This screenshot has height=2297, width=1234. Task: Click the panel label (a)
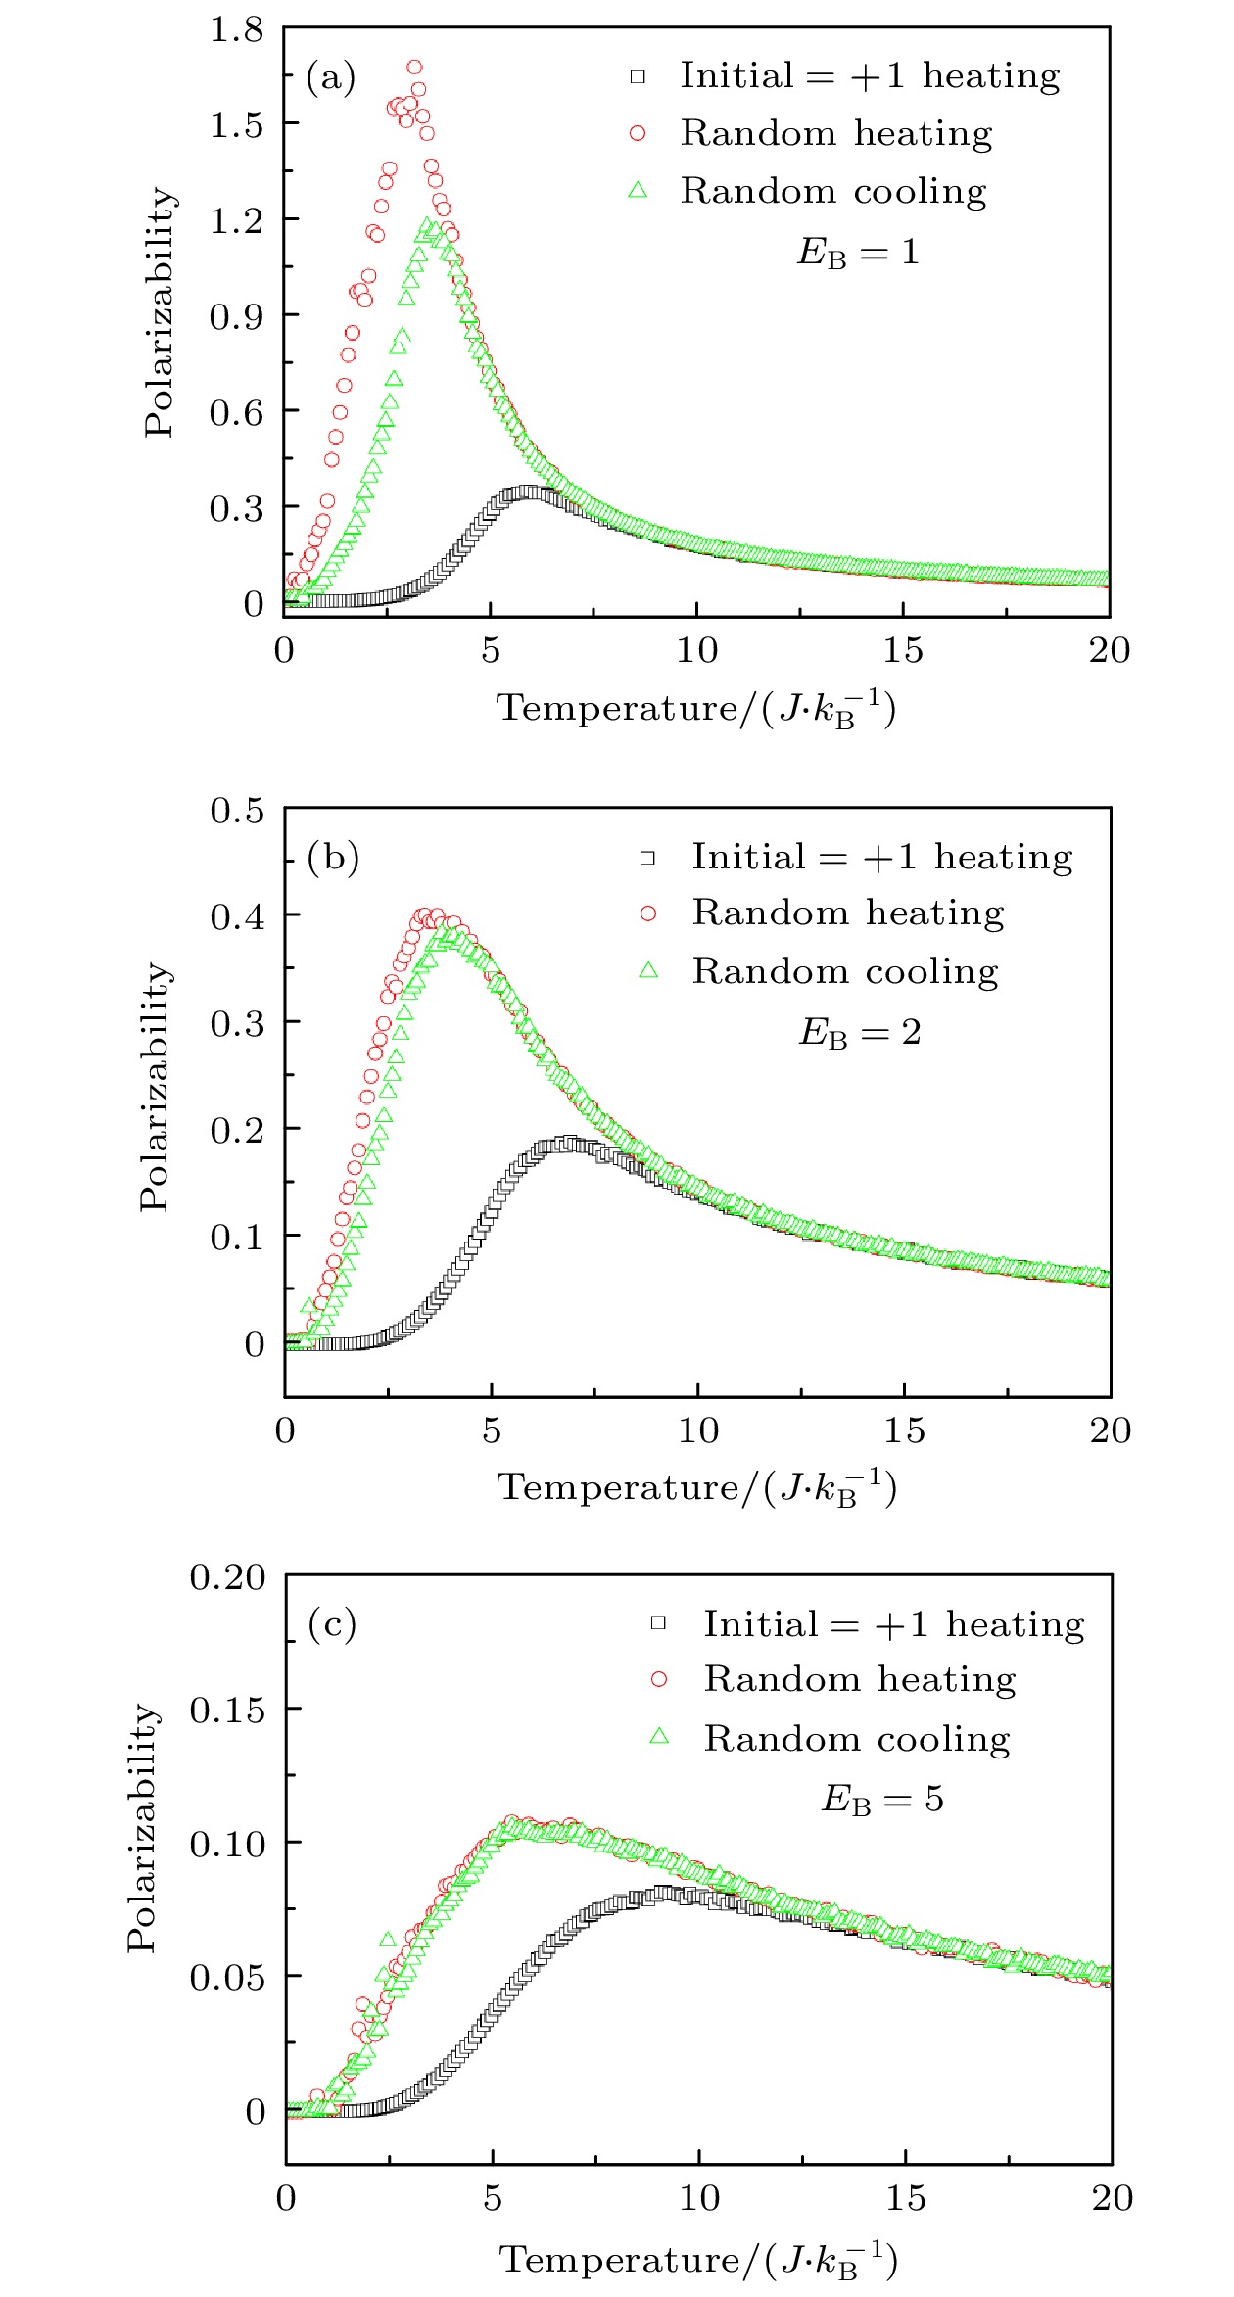[x=330, y=77]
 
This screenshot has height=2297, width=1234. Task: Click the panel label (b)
[x=333, y=858]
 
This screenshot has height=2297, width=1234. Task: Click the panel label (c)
[x=332, y=1624]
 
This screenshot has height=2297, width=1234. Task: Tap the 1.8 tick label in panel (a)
[x=237, y=29]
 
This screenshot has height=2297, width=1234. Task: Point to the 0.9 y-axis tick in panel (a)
[x=237, y=315]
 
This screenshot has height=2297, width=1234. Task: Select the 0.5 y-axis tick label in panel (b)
[x=238, y=811]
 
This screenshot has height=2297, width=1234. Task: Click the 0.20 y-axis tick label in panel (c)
[x=227, y=1577]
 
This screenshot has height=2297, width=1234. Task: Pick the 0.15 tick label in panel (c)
[x=227, y=1711]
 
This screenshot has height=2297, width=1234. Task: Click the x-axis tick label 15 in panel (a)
[x=902, y=650]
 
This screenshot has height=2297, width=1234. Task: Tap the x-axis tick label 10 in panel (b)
[x=698, y=1430]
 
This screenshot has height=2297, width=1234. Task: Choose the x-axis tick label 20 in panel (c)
[x=1113, y=2198]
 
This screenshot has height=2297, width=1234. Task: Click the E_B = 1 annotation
[x=858, y=253]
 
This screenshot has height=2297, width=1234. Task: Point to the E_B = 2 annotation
[x=860, y=1032]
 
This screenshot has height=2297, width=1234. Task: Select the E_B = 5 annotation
[x=881, y=1799]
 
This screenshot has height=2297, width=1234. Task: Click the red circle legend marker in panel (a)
[x=638, y=133]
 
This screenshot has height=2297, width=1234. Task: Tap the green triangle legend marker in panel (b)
[x=648, y=970]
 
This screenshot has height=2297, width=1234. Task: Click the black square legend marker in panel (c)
[x=659, y=1623]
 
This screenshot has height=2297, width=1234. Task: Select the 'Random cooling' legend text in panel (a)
[x=833, y=191]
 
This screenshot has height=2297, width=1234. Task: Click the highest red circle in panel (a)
[x=415, y=68]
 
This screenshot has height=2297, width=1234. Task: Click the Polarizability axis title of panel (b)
[x=155, y=1087]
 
